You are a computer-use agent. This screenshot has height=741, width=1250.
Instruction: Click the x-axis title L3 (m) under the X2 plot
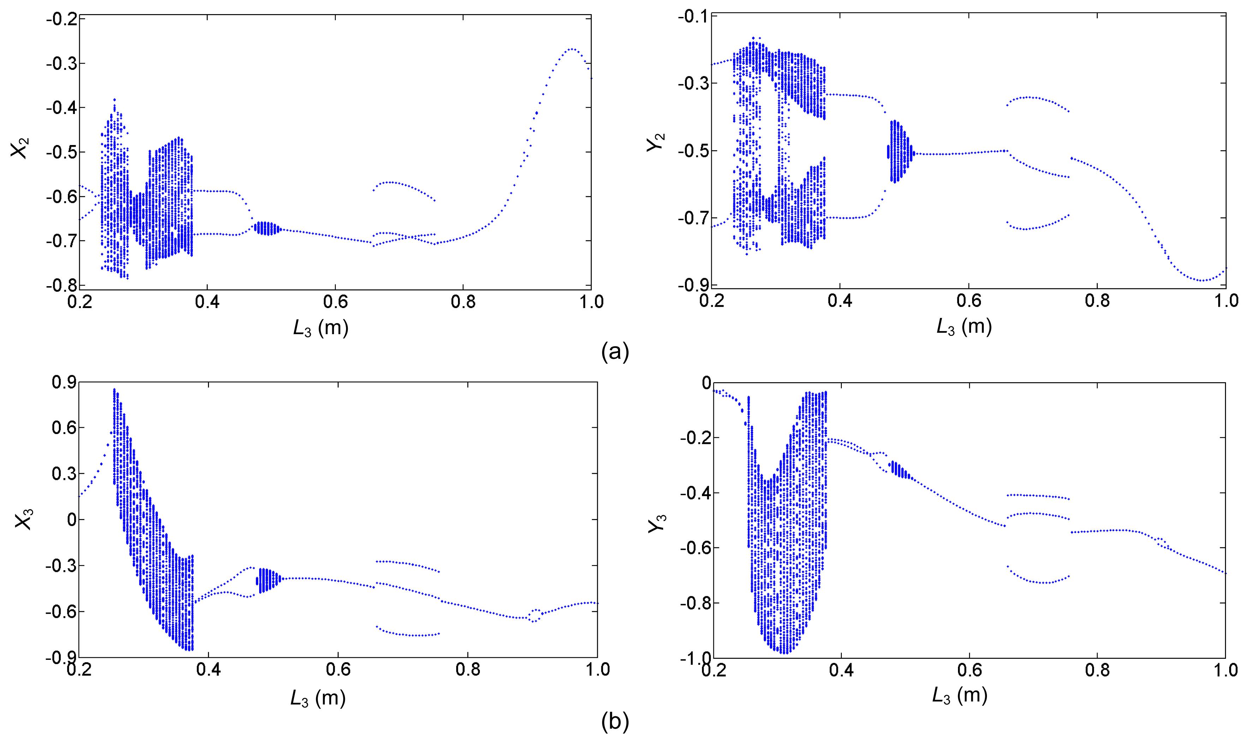point(320,328)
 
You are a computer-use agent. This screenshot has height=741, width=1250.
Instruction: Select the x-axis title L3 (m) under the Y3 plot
point(959,695)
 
